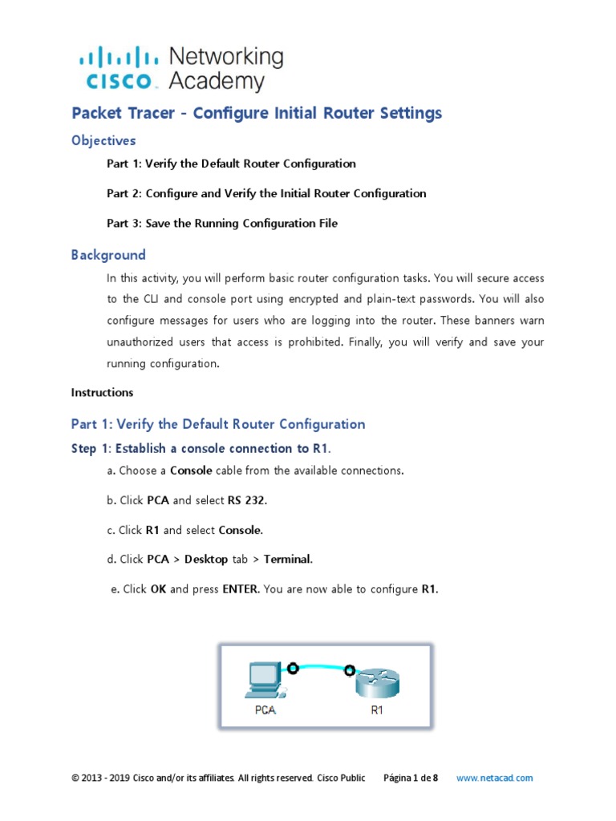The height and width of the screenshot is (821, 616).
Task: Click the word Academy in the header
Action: (x=217, y=81)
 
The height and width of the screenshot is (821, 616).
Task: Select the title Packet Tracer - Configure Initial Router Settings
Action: (x=257, y=113)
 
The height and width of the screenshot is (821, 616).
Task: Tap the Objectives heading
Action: (x=103, y=140)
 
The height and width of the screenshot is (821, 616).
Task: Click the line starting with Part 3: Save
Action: (x=222, y=224)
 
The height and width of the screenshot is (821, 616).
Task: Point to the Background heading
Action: (x=108, y=255)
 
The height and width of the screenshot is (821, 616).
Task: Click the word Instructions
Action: (x=102, y=393)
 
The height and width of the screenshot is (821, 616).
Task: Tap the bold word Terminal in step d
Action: (x=288, y=560)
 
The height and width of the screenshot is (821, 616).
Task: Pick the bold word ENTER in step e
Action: (x=240, y=589)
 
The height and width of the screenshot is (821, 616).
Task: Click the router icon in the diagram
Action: (x=377, y=682)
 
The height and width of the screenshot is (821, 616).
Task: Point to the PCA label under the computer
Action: (x=265, y=711)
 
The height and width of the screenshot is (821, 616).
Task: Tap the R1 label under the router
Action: (x=377, y=711)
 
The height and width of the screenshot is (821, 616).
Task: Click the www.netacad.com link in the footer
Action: (x=494, y=778)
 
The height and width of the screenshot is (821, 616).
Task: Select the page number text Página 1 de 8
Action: (x=411, y=778)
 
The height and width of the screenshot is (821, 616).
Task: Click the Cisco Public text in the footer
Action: (x=341, y=778)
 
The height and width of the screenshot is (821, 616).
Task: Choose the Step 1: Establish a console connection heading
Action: (x=201, y=448)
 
